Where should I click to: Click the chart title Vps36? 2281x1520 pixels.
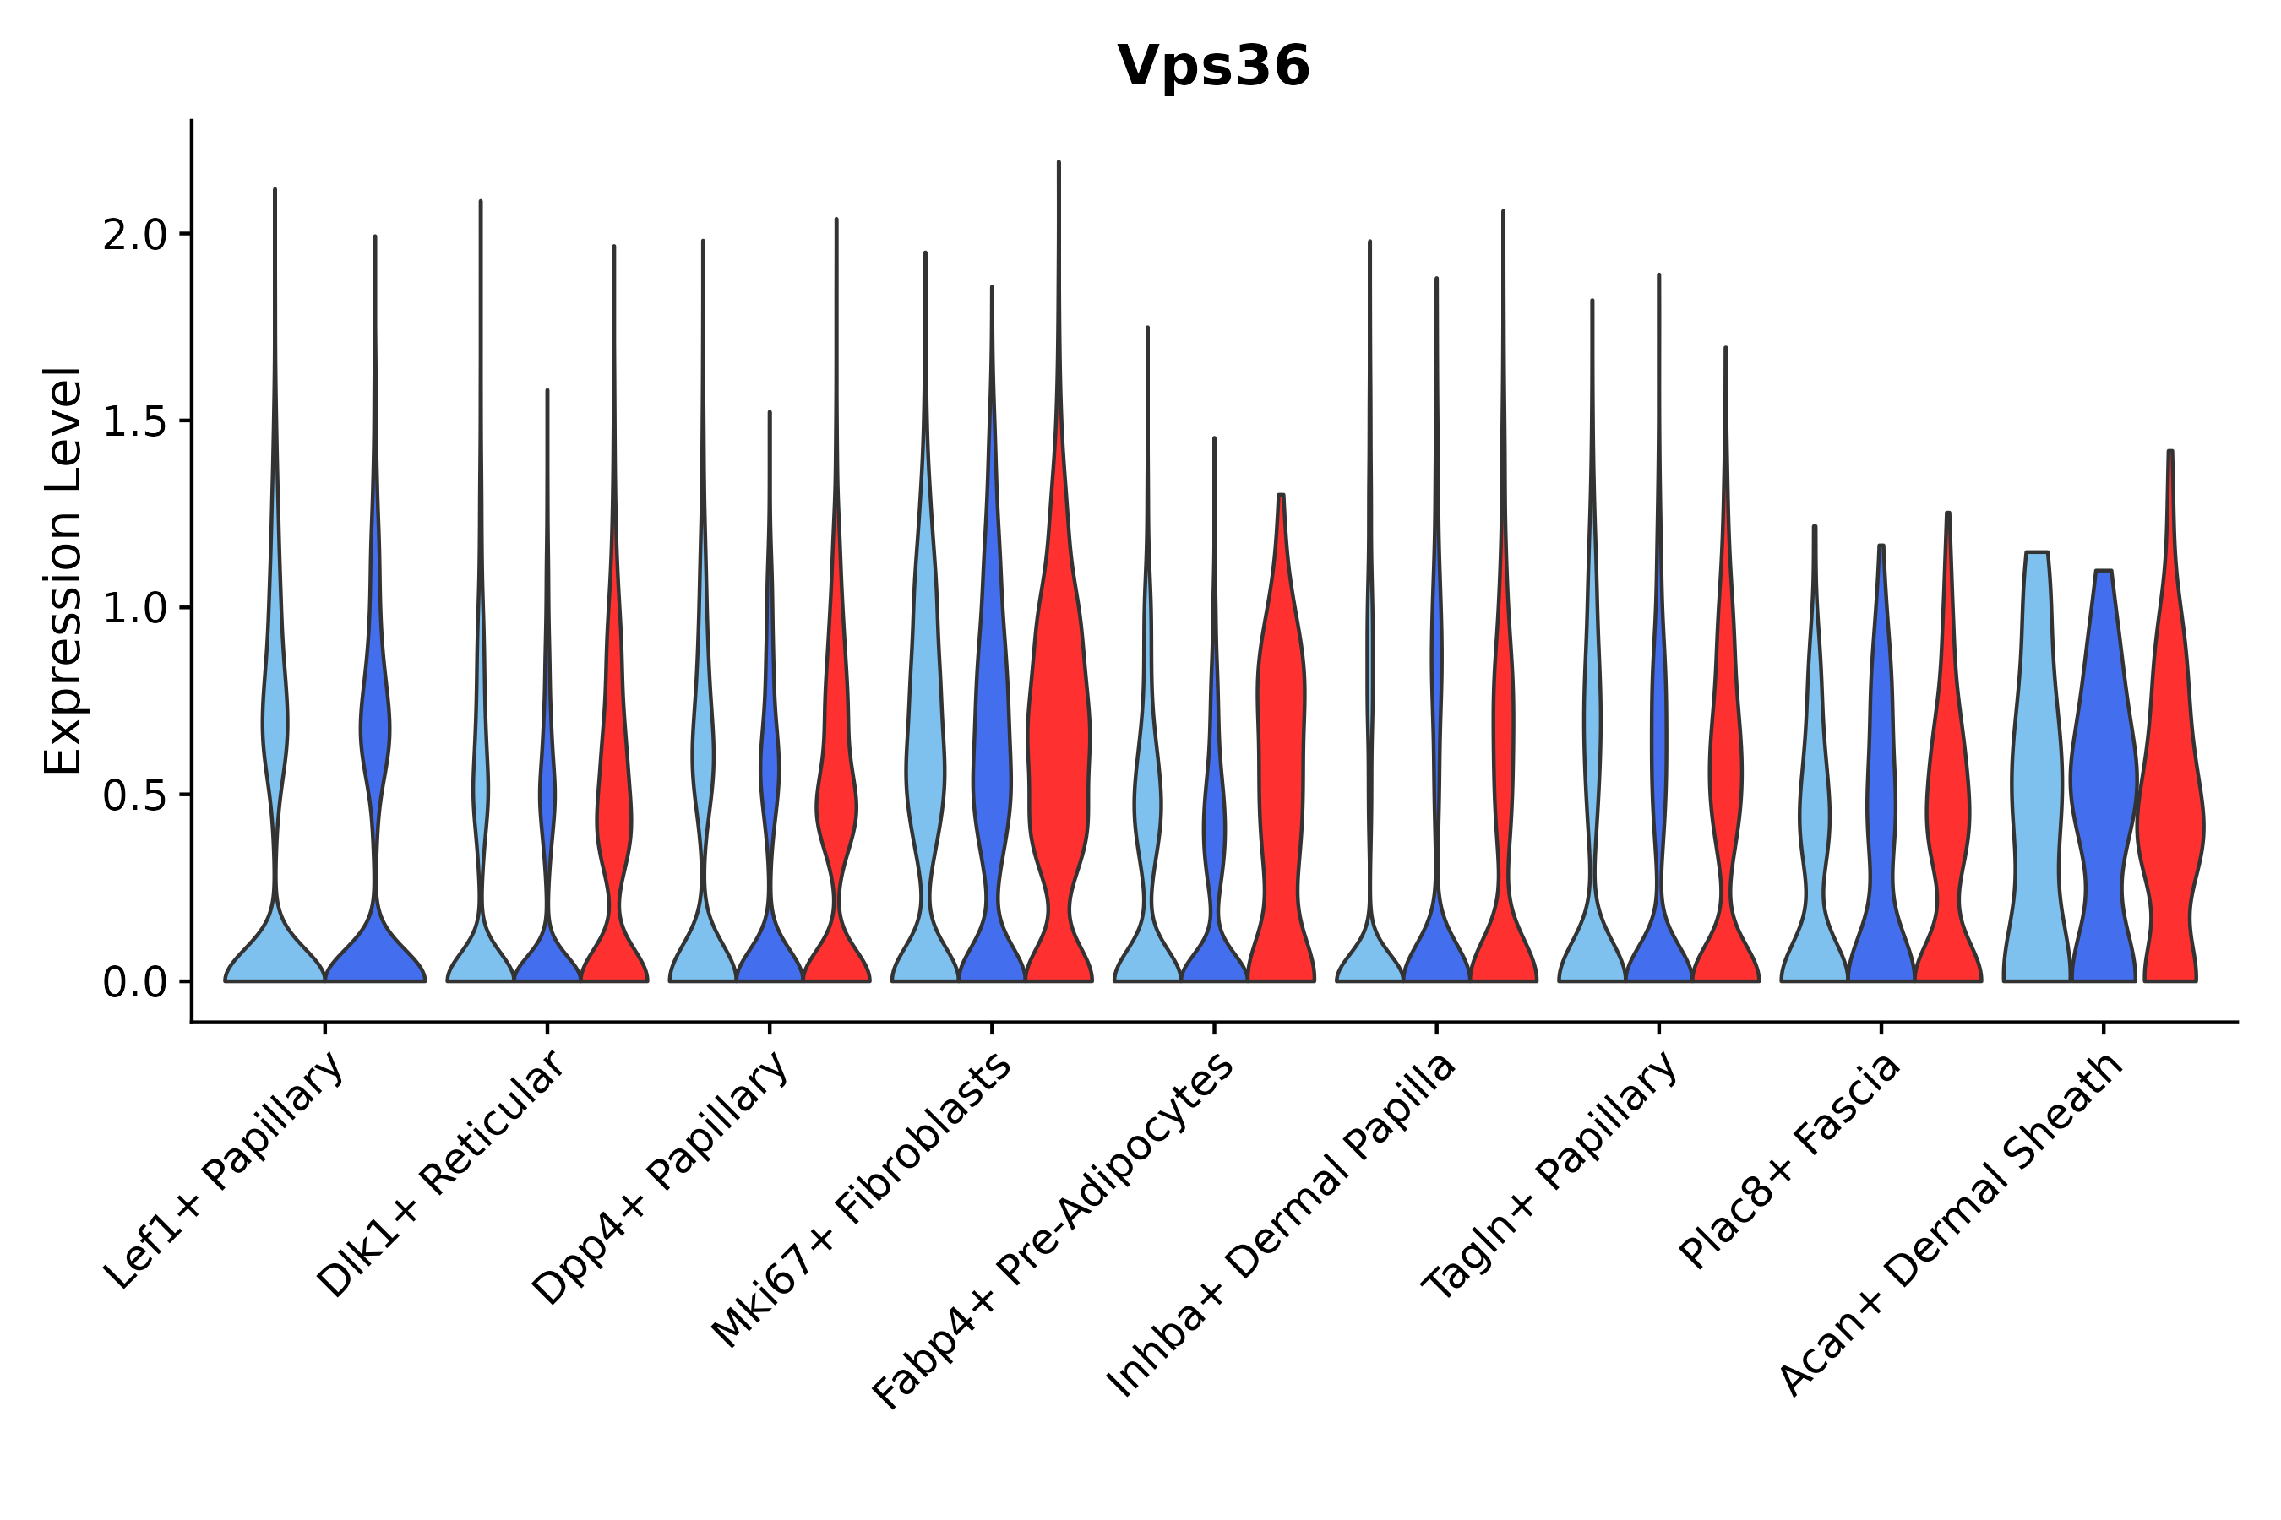point(1213,67)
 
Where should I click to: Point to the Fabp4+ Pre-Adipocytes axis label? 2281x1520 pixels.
point(1053,1230)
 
